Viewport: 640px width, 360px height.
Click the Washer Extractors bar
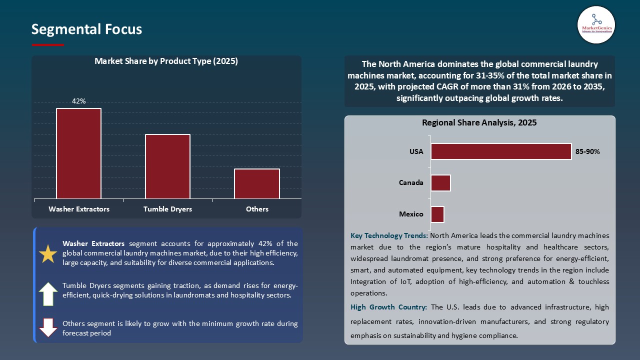tap(78, 153)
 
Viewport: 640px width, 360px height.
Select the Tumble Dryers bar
tap(167, 166)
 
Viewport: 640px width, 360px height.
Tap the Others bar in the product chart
tap(257, 183)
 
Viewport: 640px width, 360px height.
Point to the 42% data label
tap(78, 101)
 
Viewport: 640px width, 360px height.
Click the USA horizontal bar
tap(501, 151)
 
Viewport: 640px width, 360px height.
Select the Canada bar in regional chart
tap(440, 182)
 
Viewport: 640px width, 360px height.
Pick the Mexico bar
tap(437, 214)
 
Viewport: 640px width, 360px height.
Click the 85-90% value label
tap(587, 151)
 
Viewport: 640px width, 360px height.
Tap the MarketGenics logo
tap(596, 24)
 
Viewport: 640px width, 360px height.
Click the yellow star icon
tap(48, 254)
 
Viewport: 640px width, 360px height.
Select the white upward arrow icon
tap(48, 293)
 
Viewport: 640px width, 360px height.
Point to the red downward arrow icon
tap(48, 327)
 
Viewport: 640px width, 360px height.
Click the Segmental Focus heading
tap(86, 29)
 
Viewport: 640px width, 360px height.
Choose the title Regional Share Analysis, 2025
tap(479, 122)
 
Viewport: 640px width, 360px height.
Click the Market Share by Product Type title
tap(166, 61)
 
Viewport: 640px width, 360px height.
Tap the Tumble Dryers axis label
tap(167, 209)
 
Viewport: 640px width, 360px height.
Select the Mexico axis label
tap(411, 214)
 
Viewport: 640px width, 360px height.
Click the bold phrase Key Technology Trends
tap(389, 235)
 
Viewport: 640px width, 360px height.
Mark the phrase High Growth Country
tap(388, 307)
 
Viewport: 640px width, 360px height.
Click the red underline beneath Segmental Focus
tap(48, 45)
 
